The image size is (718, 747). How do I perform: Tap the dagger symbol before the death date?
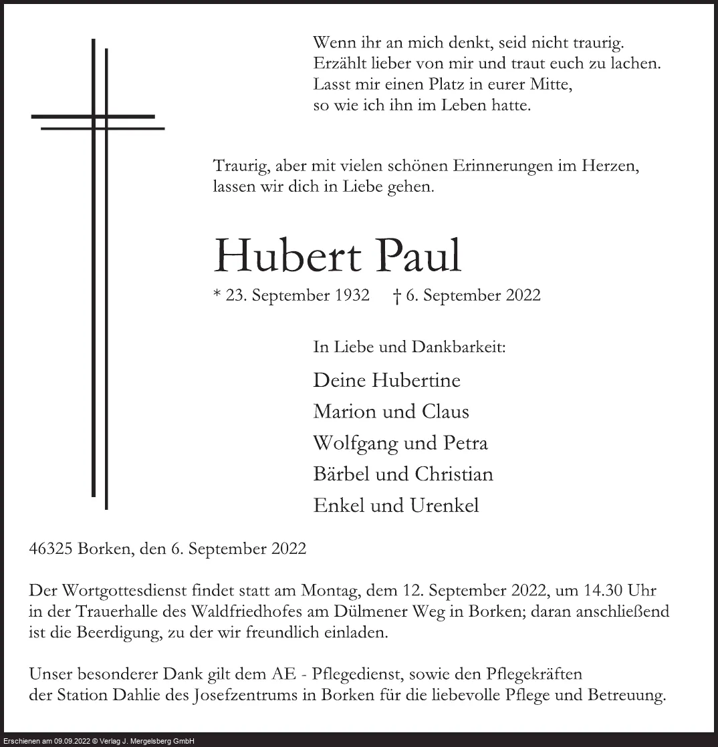click(397, 296)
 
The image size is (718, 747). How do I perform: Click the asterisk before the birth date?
click(217, 294)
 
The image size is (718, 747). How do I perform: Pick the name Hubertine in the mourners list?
click(416, 380)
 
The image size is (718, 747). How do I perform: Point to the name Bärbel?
click(338, 474)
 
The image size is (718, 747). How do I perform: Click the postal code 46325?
click(51, 549)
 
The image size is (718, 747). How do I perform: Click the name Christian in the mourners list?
click(454, 474)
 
